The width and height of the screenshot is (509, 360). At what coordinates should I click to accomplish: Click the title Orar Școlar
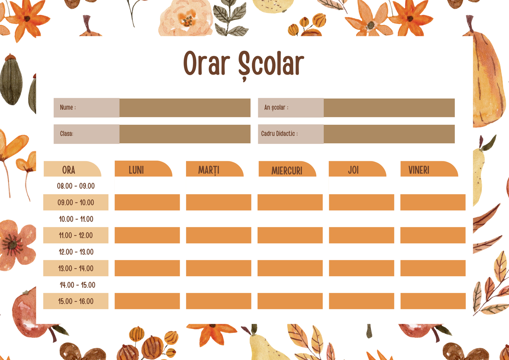(x=243, y=64)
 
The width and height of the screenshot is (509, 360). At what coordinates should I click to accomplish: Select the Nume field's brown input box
(x=185, y=108)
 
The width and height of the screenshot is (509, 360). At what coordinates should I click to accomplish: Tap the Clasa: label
(x=67, y=134)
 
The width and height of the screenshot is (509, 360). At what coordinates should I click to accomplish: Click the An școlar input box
(x=389, y=108)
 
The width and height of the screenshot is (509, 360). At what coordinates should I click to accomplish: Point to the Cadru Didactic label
(x=279, y=134)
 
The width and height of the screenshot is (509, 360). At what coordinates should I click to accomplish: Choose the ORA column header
(x=69, y=170)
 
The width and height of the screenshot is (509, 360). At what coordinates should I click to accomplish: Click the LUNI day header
(x=136, y=170)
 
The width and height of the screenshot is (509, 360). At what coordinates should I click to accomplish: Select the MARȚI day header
(x=209, y=170)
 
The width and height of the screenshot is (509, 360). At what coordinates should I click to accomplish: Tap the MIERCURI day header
(x=287, y=170)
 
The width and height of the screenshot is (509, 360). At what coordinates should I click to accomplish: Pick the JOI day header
(x=353, y=170)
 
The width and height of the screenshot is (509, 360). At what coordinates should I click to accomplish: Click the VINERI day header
(x=419, y=170)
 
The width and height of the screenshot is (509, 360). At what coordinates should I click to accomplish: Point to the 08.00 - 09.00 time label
(x=76, y=186)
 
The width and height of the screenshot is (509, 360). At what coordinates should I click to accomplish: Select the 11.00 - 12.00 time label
(x=76, y=235)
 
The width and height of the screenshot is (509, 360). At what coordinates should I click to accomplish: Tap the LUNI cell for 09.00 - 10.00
(x=147, y=202)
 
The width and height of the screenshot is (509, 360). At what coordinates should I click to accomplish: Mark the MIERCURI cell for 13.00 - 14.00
(x=290, y=268)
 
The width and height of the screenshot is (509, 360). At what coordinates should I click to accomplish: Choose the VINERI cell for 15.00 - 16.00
(x=433, y=301)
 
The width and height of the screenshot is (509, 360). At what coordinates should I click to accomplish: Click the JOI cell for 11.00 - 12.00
(x=361, y=235)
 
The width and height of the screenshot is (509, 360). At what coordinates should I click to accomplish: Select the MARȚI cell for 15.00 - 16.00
(x=218, y=301)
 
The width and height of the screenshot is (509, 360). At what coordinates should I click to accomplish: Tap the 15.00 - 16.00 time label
(x=76, y=301)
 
